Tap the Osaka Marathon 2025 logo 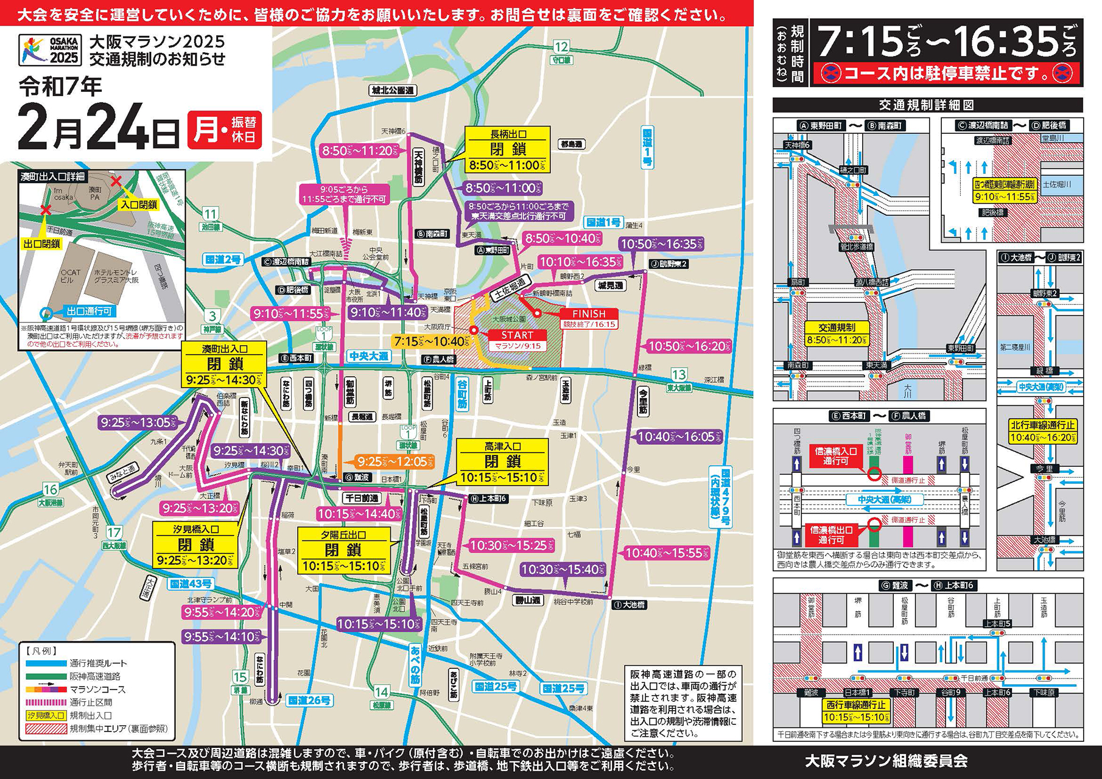pos(49,50)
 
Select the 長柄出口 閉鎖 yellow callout pos(508,150)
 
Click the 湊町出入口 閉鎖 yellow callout pos(225,364)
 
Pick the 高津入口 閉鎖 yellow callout pos(502,462)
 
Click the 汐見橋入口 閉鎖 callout pos(196,545)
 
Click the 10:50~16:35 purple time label pos(661,244)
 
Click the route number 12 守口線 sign pos(561,51)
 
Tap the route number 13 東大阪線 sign pos(678,379)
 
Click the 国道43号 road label pos(191,584)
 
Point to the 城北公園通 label pos(393,90)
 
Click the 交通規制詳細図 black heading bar pos(927,105)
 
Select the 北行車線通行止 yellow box pos(1043,431)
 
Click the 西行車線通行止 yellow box pos(856,711)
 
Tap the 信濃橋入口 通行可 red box pos(836,456)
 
